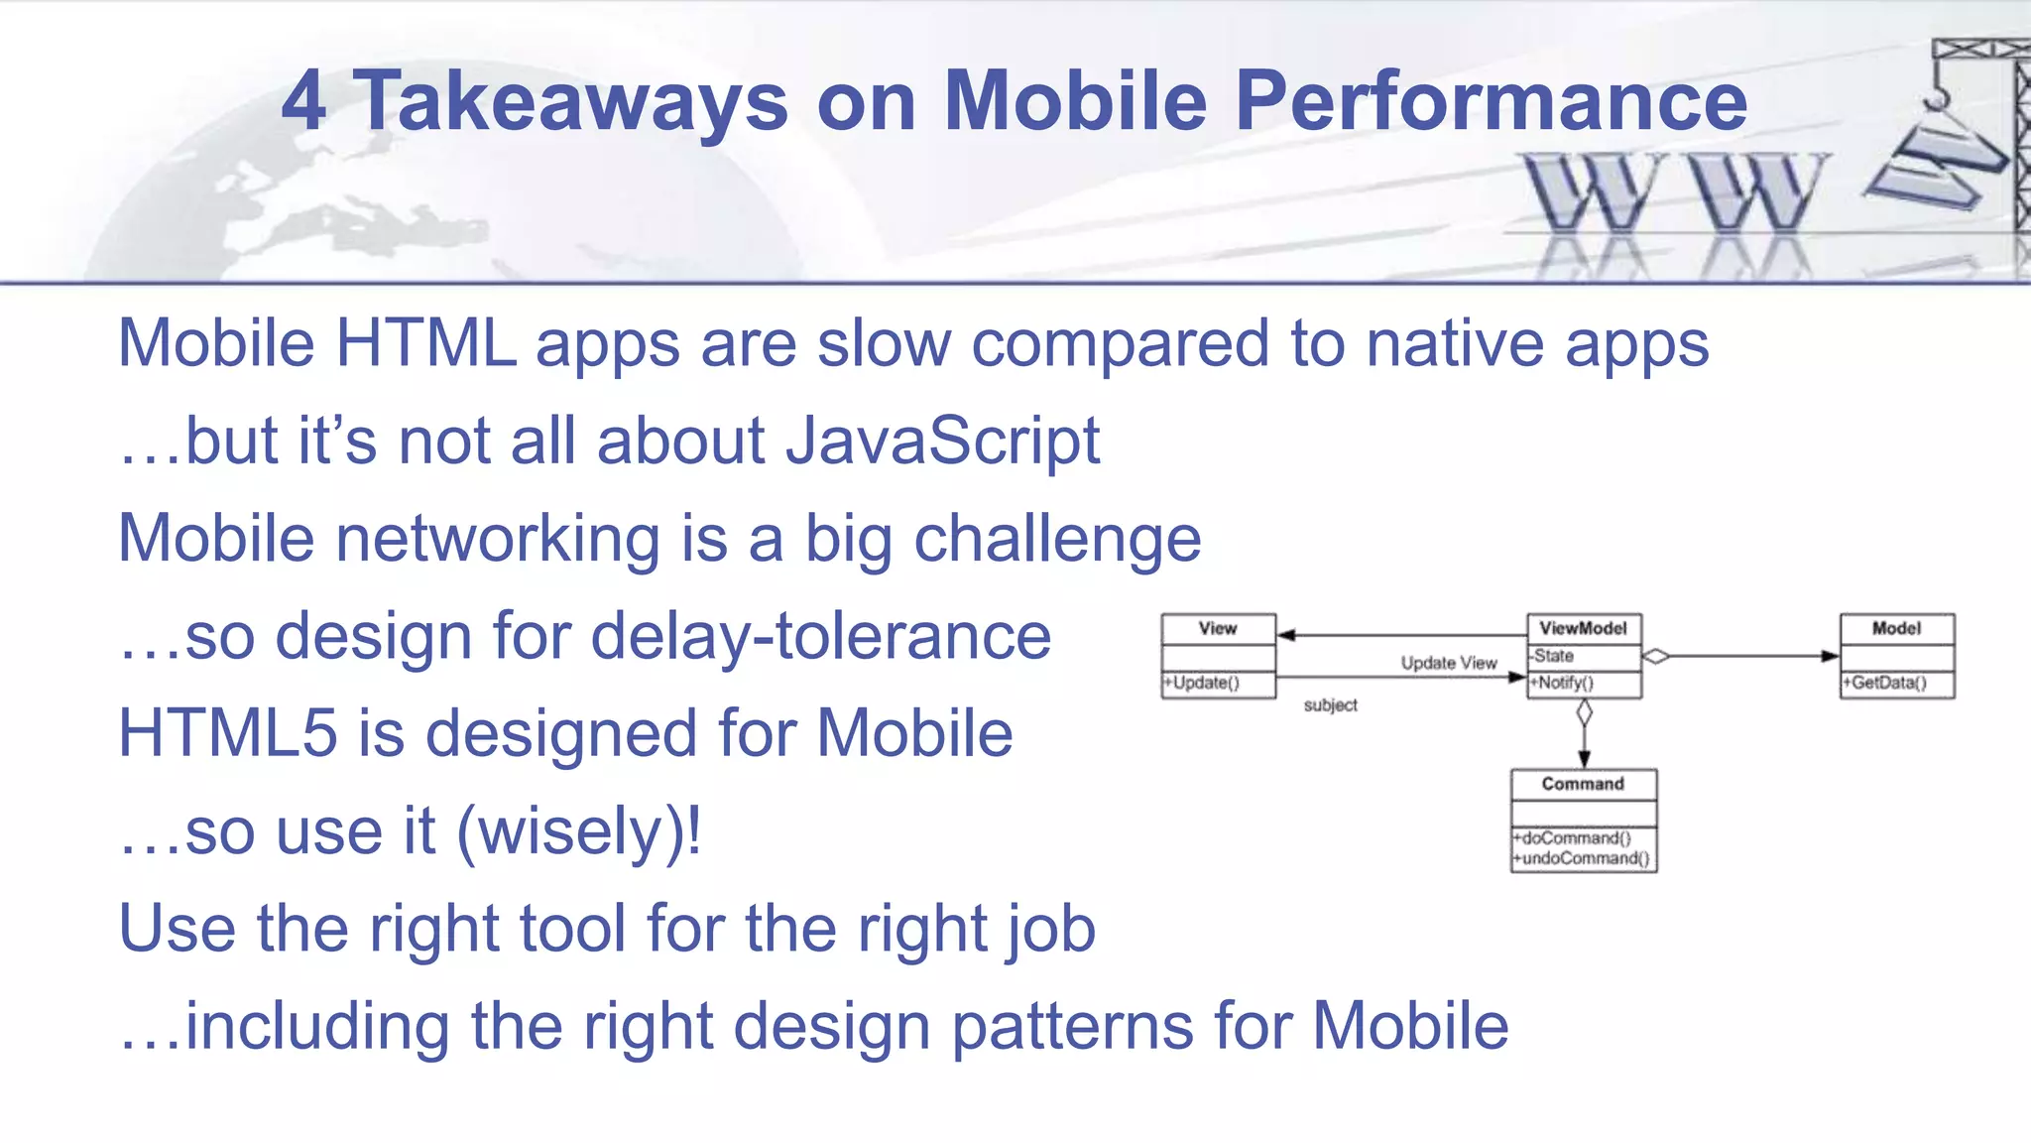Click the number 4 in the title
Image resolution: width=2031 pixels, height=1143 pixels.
point(303,101)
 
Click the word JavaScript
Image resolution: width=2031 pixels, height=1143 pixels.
point(942,441)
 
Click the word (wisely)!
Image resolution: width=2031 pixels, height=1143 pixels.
point(578,831)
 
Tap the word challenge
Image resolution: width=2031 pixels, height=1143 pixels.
point(1057,539)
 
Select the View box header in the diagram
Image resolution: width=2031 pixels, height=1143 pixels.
point(1218,628)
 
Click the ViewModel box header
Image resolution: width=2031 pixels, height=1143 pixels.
point(1583,628)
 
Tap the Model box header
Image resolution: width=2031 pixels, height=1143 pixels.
point(1896,628)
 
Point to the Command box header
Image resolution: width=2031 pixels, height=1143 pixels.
point(1583,784)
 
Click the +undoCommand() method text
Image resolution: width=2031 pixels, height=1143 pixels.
point(1582,859)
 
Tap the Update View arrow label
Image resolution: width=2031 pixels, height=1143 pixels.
point(1448,663)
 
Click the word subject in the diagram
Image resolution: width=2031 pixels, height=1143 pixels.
point(1330,705)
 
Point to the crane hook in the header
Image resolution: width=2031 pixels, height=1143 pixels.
point(1935,96)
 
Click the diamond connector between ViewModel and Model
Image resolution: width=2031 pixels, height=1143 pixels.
point(1656,656)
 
